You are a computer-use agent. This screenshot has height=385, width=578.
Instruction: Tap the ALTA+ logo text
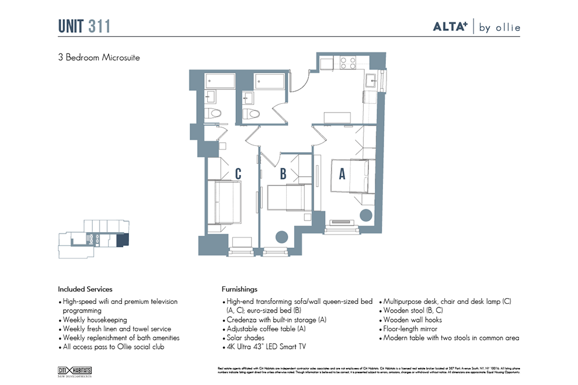pyautogui.click(x=451, y=27)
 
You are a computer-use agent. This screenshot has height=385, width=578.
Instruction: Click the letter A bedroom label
pyautogui.click(x=342, y=173)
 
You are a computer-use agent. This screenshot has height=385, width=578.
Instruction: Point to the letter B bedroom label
pyautogui.click(x=283, y=173)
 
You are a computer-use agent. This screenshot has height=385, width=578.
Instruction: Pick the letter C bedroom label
pyautogui.click(x=238, y=173)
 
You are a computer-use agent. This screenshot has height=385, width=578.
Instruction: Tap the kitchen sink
pyautogui.click(x=371, y=80)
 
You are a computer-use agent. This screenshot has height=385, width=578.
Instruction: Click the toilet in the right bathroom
pyautogui.click(x=251, y=113)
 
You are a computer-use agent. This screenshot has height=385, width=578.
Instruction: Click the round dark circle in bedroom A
pyautogui.click(x=366, y=215)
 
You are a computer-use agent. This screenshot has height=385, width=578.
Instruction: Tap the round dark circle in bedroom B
pyautogui.click(x=281, y=237)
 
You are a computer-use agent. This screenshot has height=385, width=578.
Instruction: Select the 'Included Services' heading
pyautogui.click(x=85, y=289)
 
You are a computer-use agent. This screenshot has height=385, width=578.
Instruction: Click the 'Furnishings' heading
pyautogui.click(x=239, y=289)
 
